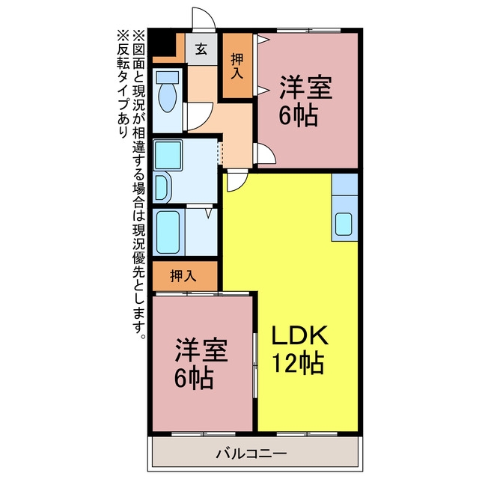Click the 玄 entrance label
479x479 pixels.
(201, 49)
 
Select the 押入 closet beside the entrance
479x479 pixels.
(237, 65)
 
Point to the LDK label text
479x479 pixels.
(299, 335)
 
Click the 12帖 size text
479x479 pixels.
(298, 363)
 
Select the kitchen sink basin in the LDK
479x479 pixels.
(344, 225)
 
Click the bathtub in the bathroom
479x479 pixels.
(168, 232)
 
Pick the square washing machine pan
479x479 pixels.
(168, 155)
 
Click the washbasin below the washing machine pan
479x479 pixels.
(162, 189)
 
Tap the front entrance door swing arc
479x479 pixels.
(204, 18)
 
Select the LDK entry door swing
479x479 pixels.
(237, 181)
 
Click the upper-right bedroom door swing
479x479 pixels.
(266, 154)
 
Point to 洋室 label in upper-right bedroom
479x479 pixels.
(306, 88)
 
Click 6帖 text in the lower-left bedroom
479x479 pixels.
(193, 378)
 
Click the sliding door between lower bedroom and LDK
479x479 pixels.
(255, 365)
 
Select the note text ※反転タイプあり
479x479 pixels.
(123, 83)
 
